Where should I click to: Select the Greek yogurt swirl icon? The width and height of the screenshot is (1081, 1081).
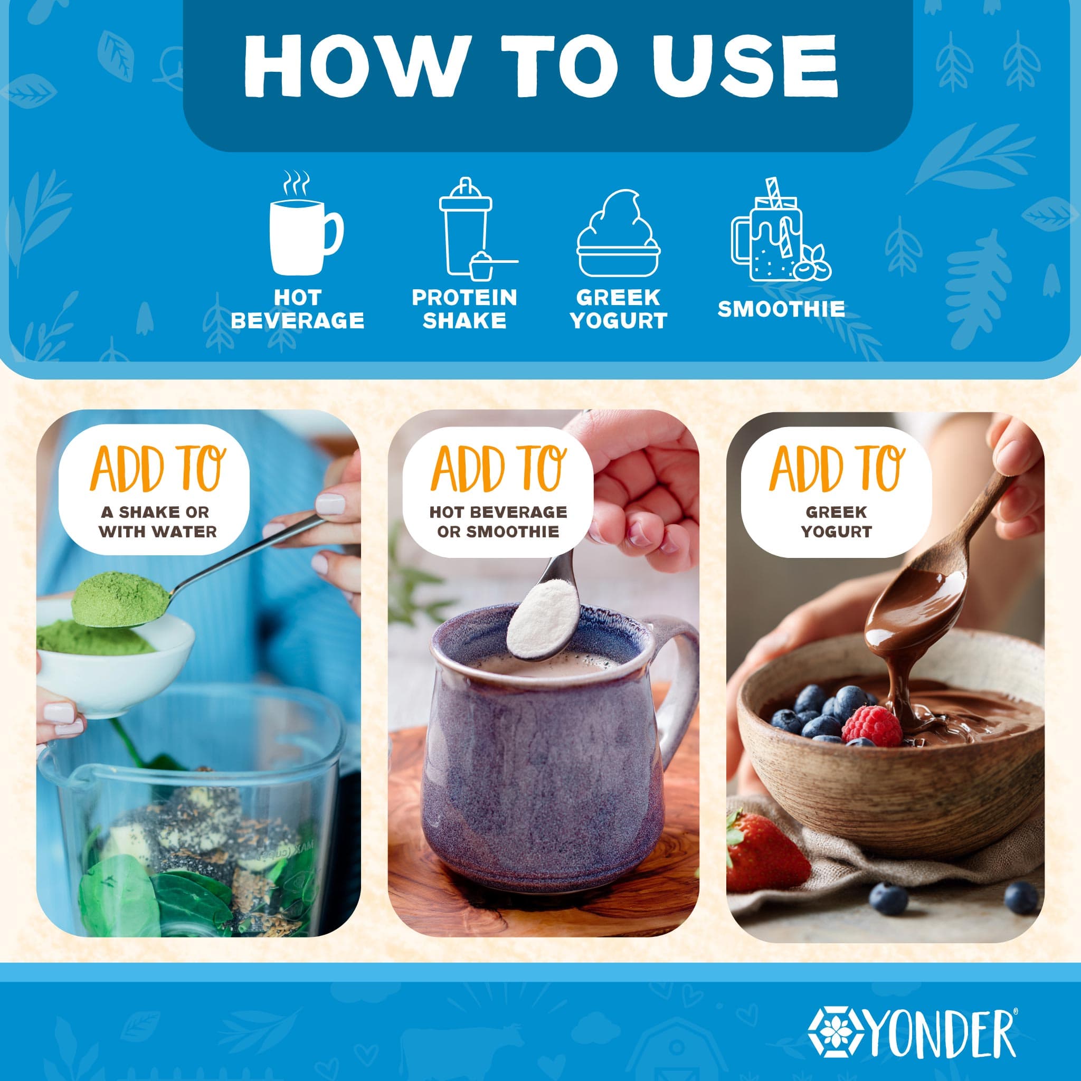618,233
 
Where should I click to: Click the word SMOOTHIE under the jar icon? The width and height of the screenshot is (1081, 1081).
781,309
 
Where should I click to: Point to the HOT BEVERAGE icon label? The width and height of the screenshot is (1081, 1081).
297,309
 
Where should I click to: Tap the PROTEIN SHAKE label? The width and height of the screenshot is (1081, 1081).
464,309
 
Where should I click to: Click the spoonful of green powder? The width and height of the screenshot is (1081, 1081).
119,598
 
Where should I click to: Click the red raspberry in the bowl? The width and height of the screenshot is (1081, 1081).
871,725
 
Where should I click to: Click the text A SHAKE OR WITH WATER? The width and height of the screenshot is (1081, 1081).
158,521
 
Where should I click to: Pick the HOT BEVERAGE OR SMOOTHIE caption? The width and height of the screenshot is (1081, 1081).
498,521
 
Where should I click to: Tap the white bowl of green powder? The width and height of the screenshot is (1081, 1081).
115,666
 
